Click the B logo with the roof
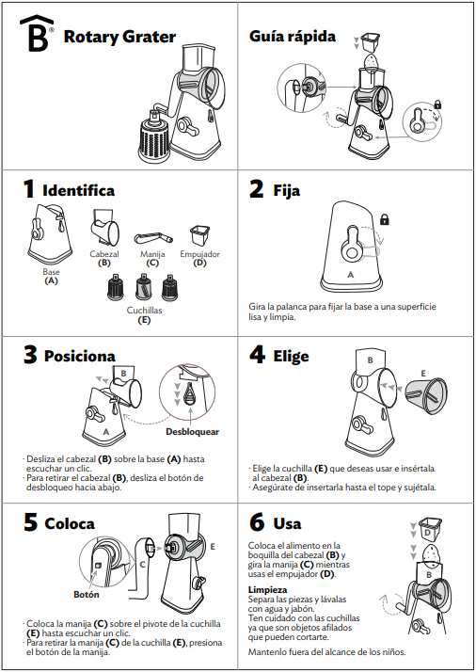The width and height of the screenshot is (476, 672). (x=37, y=34)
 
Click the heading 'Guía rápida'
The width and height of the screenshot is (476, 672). (x=293, y=37)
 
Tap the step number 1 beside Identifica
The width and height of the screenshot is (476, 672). (x=28, y=189)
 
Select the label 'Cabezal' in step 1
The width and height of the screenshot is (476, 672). (x=104, y=254)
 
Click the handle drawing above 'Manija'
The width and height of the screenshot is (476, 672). (x=153, y=237)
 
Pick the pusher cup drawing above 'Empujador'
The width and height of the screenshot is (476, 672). (x=199, y=235)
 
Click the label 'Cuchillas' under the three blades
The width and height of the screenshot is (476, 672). (x=144, y=310)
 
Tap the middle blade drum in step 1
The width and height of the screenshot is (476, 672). (x=143, y=287)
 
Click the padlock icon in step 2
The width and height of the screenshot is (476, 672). (x=385, y=219)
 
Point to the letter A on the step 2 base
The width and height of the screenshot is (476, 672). (x=351, y=275)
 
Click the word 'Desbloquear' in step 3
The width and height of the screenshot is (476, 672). (x=192, y=432)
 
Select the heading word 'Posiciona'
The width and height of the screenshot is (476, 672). (x=80, y=356)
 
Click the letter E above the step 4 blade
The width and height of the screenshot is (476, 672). (x=423, y=374)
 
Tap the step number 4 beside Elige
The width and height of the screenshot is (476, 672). (x=257, y=355)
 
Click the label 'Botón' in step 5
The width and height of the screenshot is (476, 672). (x=87, y=595)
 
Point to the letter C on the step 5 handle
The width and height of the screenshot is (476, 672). (x=143, y=565)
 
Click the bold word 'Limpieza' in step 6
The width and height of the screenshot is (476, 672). (x=267, y=590)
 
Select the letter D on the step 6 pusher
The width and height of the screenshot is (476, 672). (x=428, y=533)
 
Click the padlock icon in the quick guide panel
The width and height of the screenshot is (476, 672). (x=437, y=104)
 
